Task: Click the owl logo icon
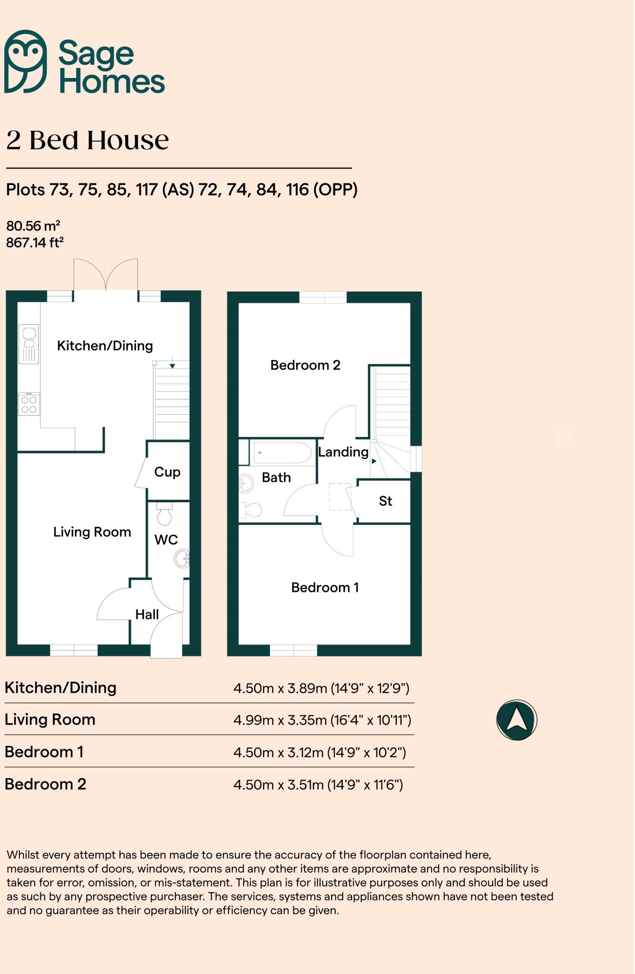coord(26,61)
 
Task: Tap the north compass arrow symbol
coord(517,720)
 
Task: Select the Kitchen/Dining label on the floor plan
coord(105,346)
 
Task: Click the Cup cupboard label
coord(167,472)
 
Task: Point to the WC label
coord(166,540)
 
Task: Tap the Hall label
coord(147,614)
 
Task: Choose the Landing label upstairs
coord(343,452)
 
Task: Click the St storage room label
coord(385,501)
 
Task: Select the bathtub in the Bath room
coord(282,453)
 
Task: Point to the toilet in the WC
coord(164,514)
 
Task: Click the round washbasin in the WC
coord(183,559)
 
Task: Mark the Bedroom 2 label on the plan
coord(305,365)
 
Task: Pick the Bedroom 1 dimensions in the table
coord(319,752)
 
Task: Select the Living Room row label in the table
coord(50,720)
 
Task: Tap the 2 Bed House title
coord(87,140)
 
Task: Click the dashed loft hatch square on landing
coord(340,497)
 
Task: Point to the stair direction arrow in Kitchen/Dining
coord(172,365)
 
